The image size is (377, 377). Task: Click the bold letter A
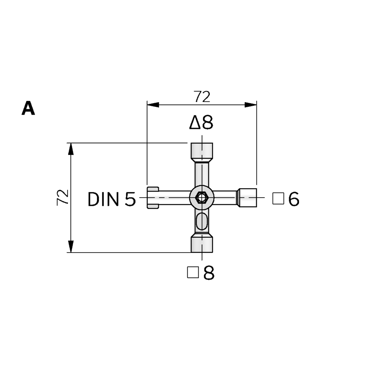point(28,108)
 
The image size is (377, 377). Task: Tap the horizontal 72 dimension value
point(202,97)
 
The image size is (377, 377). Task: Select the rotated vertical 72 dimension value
point(63,198)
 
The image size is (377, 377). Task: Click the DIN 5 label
point(112,199)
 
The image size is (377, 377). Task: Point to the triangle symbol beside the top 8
point(195,123)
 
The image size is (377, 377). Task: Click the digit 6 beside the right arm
point(294,199)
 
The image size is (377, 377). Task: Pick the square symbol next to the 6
point(278,199)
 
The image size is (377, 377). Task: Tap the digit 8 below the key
point(209,273)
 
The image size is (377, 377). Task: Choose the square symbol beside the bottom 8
point(193,273)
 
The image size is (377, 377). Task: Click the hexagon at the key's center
point(202,198)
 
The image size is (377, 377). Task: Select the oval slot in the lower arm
point(202,221)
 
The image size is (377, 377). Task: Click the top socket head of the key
point(202,153)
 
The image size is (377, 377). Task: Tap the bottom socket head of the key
point(202,243)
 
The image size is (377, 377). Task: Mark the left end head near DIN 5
point(153,198)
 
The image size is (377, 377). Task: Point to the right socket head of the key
point(247,198)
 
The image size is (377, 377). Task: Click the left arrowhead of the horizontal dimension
point(153,105)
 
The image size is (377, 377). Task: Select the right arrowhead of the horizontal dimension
point(251,105)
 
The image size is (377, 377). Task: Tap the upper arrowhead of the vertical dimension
point(70,149)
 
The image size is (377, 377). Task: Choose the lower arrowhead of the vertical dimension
point(70,247)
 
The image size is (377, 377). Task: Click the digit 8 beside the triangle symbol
point(207,123)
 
